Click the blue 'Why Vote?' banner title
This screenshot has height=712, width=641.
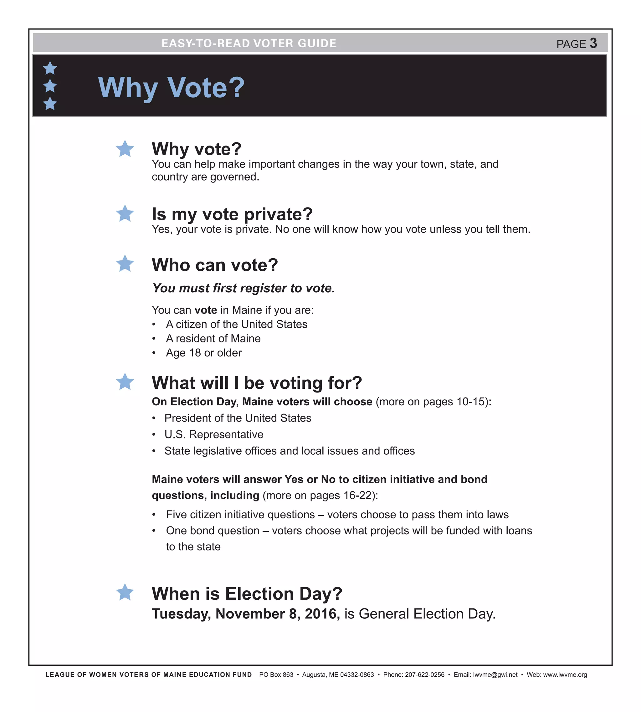tap(171, 88)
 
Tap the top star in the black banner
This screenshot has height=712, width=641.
tap(50, 68)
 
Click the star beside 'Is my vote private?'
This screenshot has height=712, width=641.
tap(125, 214)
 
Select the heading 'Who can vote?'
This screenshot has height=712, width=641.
tap(214, 265)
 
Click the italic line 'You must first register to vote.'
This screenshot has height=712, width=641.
tap(243, 288)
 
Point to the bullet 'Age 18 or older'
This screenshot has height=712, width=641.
tap(203, 352)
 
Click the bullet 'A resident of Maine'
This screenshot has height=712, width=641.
tap(213, 338)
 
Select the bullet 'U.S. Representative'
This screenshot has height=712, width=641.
tap(213, 434)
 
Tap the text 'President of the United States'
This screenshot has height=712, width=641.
tap(238, 418)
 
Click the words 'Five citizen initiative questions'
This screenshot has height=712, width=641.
tap(240, 515)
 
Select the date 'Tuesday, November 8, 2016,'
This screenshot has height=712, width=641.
tap(245, 614)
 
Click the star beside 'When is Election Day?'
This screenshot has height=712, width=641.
tap(125, 593)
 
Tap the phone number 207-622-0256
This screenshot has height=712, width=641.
tap(424, 675)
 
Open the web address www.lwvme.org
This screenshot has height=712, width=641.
tap(565, 675)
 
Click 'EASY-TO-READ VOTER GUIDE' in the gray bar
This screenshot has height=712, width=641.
tap(249, 43)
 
